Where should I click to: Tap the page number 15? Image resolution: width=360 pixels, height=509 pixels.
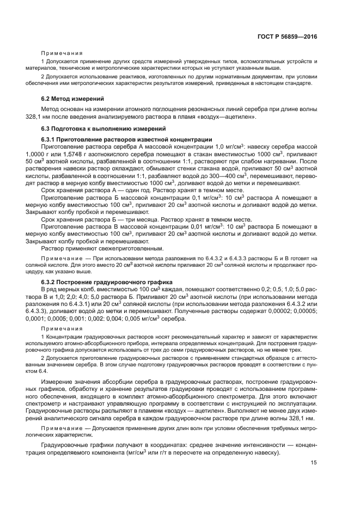coord(314,463)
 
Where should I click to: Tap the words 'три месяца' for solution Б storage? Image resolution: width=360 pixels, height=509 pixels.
coord(136,218)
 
